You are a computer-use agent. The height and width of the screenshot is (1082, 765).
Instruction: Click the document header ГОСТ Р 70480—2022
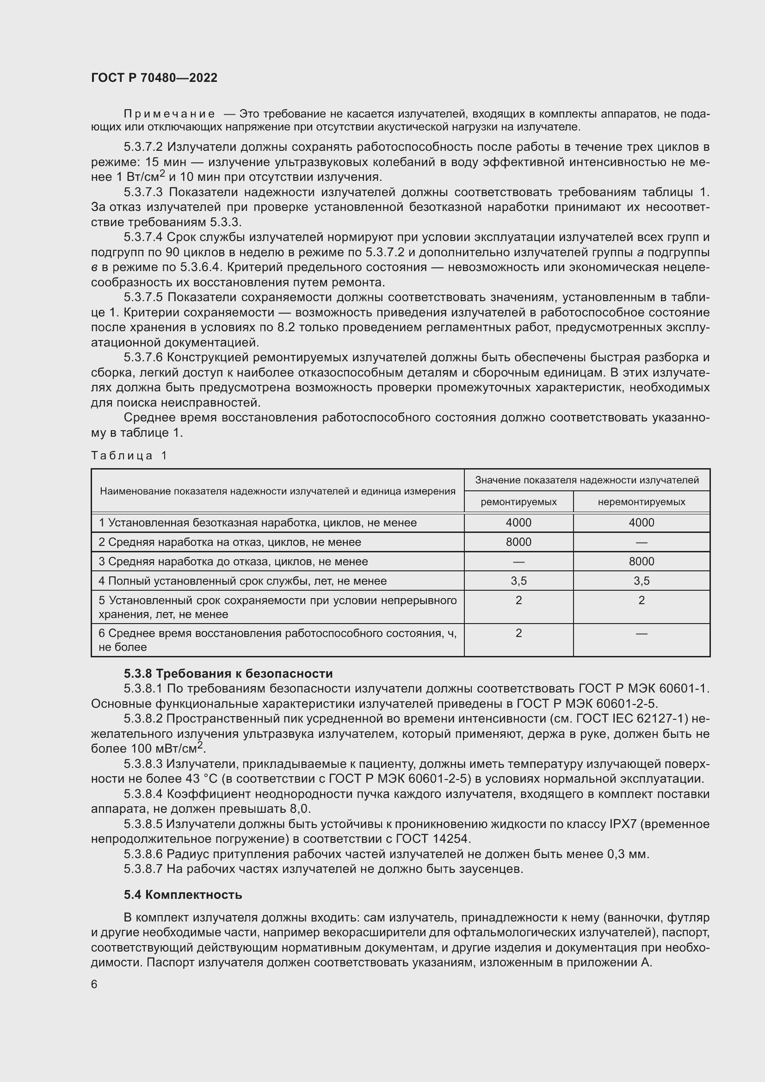click(x=154, y=78)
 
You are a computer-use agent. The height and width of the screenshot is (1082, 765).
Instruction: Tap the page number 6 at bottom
click(x=94, y=984)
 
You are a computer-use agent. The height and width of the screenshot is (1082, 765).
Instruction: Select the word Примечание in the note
click(x=169, y=114)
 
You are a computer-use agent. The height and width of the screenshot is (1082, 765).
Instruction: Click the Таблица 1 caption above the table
click(x=129, y=455)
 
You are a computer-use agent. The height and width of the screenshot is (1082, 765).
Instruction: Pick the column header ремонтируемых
click(x=518, y=502)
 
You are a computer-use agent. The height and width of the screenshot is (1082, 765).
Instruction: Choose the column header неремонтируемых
click(x=641, y=502)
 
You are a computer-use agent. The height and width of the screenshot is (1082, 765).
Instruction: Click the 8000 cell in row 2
click(x=518, y=542)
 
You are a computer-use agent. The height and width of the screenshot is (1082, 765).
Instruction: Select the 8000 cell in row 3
click(x=641, y=561)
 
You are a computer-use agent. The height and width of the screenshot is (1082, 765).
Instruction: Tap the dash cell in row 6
click(x=641, y=633)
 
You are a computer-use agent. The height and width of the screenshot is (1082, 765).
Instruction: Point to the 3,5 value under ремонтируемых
click(x=518, y=581)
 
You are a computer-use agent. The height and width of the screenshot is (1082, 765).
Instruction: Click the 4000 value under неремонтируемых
click(x=641, y=523)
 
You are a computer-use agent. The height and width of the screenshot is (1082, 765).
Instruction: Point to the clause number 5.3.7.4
click(x=143, y=237)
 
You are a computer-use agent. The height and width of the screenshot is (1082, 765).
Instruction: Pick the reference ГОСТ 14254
click(x=433, y=839)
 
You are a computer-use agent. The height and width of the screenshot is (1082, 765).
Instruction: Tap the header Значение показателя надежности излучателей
click(x=586, y=480)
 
